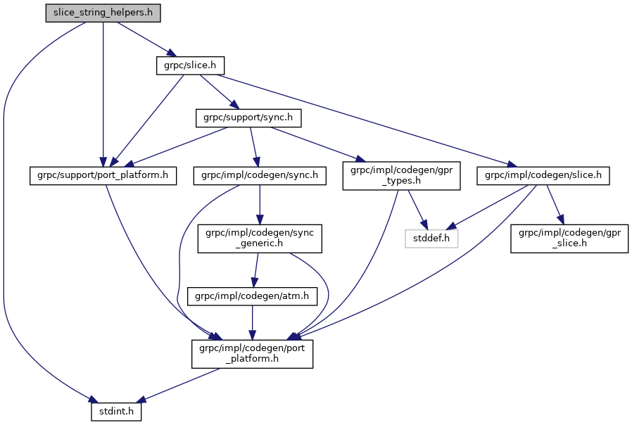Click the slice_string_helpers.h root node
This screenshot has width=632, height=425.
pos(103,13)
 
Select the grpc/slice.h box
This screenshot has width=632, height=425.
pos(189,65)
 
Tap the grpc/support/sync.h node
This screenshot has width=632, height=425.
pos(248,118)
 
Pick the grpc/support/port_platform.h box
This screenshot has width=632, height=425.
pos(102,175)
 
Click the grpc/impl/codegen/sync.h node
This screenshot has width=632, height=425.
pos(260,175)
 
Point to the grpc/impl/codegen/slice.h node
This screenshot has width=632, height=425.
pos(543,175)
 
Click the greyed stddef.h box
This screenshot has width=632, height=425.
pos(431,239)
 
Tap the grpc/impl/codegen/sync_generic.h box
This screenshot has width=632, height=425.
pos(260,239)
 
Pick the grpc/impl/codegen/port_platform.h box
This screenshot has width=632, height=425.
pos(253,353)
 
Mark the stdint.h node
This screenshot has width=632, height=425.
pos(116,410)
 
